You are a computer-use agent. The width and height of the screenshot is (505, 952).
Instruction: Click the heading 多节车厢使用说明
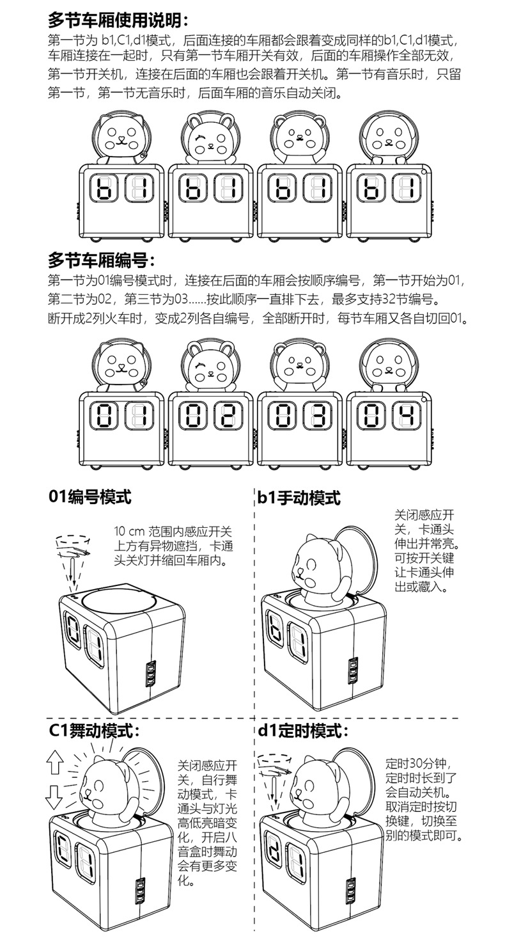coord(118,19)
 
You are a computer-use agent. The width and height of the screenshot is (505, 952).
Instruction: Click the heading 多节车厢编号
coord(102,260)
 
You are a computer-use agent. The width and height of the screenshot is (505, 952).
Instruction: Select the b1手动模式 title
coord(299,497)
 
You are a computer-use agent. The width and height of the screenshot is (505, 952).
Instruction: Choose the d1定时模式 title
coord(303,730)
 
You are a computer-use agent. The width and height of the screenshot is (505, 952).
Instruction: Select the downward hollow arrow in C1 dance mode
coord(54,797)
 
